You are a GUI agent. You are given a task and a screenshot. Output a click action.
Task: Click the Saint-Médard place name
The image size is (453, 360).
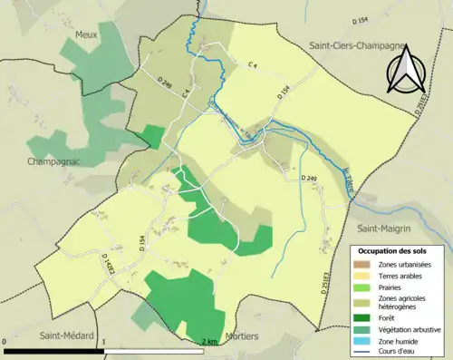click(66, 335)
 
